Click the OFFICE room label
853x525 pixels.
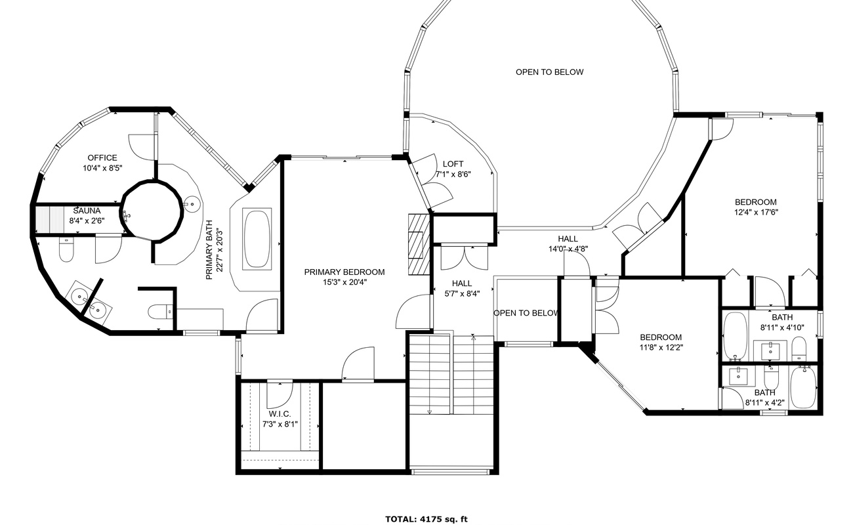click(102, 157)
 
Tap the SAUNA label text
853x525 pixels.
click(87, 211)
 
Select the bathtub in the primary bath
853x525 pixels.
click(257, 239)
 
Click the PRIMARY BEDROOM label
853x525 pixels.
click(344, 272)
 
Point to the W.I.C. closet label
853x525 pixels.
click(280, 414)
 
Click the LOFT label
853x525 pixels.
click(453, 164)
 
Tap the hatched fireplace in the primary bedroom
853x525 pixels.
click(419, 244)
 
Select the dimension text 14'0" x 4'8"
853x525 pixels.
click(568, 249)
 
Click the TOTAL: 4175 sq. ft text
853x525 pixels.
click(427, 519)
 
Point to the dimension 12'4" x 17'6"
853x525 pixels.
click(756, 212)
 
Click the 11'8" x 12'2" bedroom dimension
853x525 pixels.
click(661, 347)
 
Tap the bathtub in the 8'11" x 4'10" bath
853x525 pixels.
click(736, 337)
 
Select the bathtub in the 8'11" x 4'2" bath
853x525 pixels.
click(803, 387)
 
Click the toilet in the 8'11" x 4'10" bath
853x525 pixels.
click(799, 349)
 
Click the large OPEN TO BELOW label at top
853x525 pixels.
click(549, 72)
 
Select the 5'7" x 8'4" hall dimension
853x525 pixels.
click(462, 294)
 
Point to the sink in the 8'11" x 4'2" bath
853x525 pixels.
click(738, 377)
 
